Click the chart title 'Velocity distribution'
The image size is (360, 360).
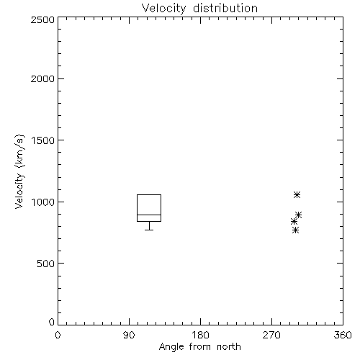coord(199,9)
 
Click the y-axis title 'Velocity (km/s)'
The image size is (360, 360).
coord(19,171)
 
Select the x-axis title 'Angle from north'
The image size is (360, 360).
coord(199,346)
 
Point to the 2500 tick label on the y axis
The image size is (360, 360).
coord(42,19)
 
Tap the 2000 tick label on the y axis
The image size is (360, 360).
coord(42,78)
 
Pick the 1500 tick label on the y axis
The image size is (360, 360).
coord(43,140)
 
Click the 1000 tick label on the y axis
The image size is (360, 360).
coord(43,202)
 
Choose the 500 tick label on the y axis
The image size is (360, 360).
coord(46,264)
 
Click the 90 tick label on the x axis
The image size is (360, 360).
coord(129,335)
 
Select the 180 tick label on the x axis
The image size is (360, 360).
coord(200,335)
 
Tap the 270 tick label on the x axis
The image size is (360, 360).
coord(271,335)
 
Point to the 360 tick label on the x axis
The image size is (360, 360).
coord(343,335)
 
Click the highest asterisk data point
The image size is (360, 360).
coord(297,194)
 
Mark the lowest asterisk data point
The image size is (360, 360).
coord(296,230)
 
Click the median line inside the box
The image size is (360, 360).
coord(149,215)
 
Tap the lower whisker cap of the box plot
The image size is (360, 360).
coord(149,230)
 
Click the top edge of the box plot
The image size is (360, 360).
coord(149,194)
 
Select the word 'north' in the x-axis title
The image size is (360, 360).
coord(229,346)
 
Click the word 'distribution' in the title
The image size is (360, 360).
coord(225,9)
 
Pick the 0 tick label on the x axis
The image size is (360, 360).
coord(58,335)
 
